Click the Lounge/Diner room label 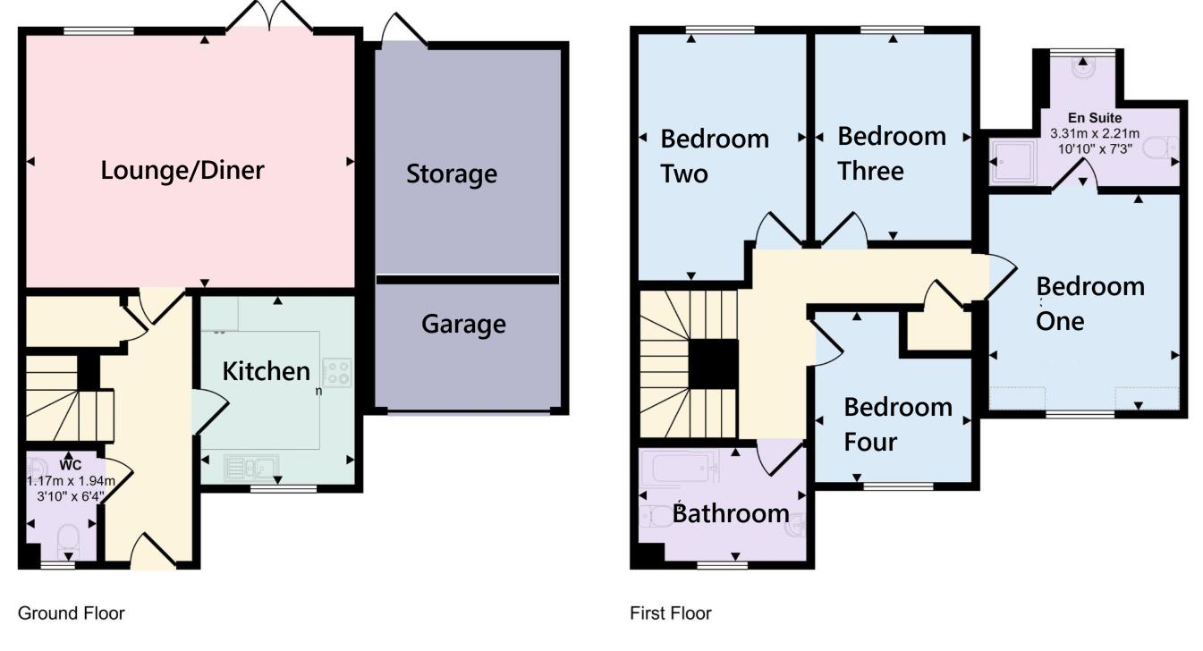pyautogui.click(x=182, y=170)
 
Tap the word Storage pyautogui.click(x=452, y=173)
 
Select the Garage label pyautogui.click(x=463, y=324)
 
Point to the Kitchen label pyautogui.click(x=267, y=370)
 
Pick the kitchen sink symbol pyautogui.click(x=252, y=466)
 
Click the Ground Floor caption pyautogui.click(x=72, y=613)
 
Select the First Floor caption pyautogui.click(x=671, y=613)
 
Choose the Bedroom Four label pyautogui.click(x=897, y=424)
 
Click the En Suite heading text pyautogui.click(x=1094, y=118)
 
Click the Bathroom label pyautogui.click(x=731, y=514)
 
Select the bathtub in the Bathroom pyautogui.click(x=682, y=466)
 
